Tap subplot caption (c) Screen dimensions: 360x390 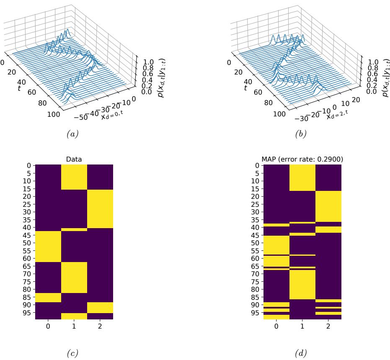[74, 353]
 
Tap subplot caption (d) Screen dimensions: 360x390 [302, 353]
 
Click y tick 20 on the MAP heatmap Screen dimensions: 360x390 [256, 196]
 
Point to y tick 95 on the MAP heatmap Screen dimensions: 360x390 [256, 312]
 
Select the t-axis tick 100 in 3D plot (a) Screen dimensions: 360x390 [54, 114]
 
